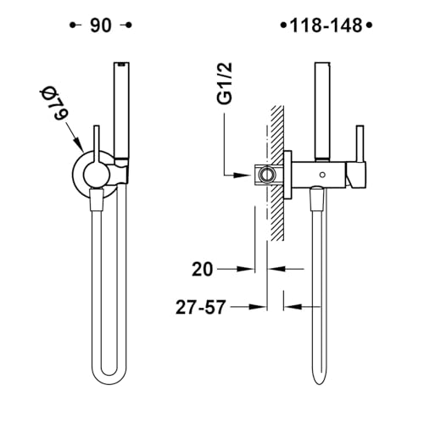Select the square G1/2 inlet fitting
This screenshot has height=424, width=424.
click(265, 175)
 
